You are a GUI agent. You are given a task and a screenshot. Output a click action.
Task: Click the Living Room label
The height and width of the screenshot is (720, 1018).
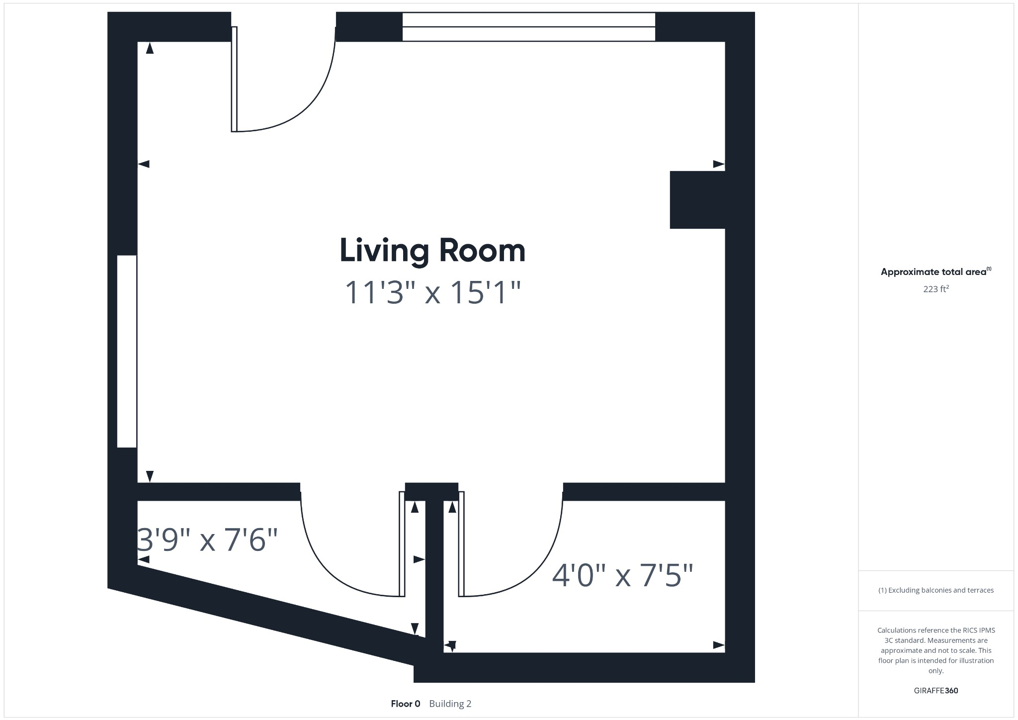click(432, 251)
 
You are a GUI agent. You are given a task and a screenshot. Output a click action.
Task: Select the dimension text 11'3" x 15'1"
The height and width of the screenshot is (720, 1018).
click(432, 292)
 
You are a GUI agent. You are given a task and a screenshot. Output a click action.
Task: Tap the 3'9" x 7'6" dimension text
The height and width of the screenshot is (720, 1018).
click(207, 540)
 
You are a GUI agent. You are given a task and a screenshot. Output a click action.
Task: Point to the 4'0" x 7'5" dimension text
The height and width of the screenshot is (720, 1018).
click(622, 576)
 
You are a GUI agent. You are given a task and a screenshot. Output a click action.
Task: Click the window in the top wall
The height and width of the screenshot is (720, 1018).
click(528, 27)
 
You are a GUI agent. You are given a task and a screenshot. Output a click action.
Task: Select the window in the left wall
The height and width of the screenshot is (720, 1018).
click(127, 351)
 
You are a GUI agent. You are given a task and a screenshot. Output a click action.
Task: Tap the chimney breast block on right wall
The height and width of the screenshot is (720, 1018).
click(697, 200)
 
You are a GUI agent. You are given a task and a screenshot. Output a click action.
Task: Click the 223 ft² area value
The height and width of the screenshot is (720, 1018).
click(935, 289)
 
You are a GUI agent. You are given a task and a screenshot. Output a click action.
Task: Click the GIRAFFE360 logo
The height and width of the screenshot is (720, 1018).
click(935, 691)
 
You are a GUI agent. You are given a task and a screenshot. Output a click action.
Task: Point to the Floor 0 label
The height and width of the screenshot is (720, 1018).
click(405, 704)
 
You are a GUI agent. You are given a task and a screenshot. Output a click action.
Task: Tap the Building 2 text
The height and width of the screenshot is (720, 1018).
click(450, 704)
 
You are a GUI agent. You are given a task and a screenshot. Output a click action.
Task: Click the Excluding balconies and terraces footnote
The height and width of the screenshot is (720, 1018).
click(935, 590)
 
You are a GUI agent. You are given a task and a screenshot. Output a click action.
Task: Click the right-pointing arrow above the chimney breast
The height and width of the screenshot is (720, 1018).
click(718, 164)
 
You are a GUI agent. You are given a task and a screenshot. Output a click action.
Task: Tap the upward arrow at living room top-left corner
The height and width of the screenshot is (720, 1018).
click(150, 48)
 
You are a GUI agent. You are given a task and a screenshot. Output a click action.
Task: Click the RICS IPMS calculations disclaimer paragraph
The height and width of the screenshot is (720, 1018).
click(935, 650)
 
